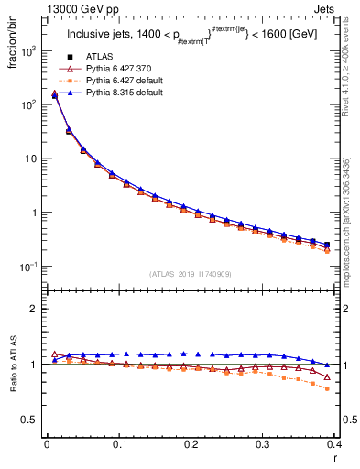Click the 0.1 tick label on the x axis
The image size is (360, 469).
click(x=118, y=444)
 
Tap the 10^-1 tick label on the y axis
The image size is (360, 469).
click(x=29, y=267)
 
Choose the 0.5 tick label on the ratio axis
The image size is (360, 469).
click(x=29, y=420)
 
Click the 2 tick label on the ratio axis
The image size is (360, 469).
click(x=33, y=309)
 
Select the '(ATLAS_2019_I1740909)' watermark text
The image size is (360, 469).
click(x=189, y=274)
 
